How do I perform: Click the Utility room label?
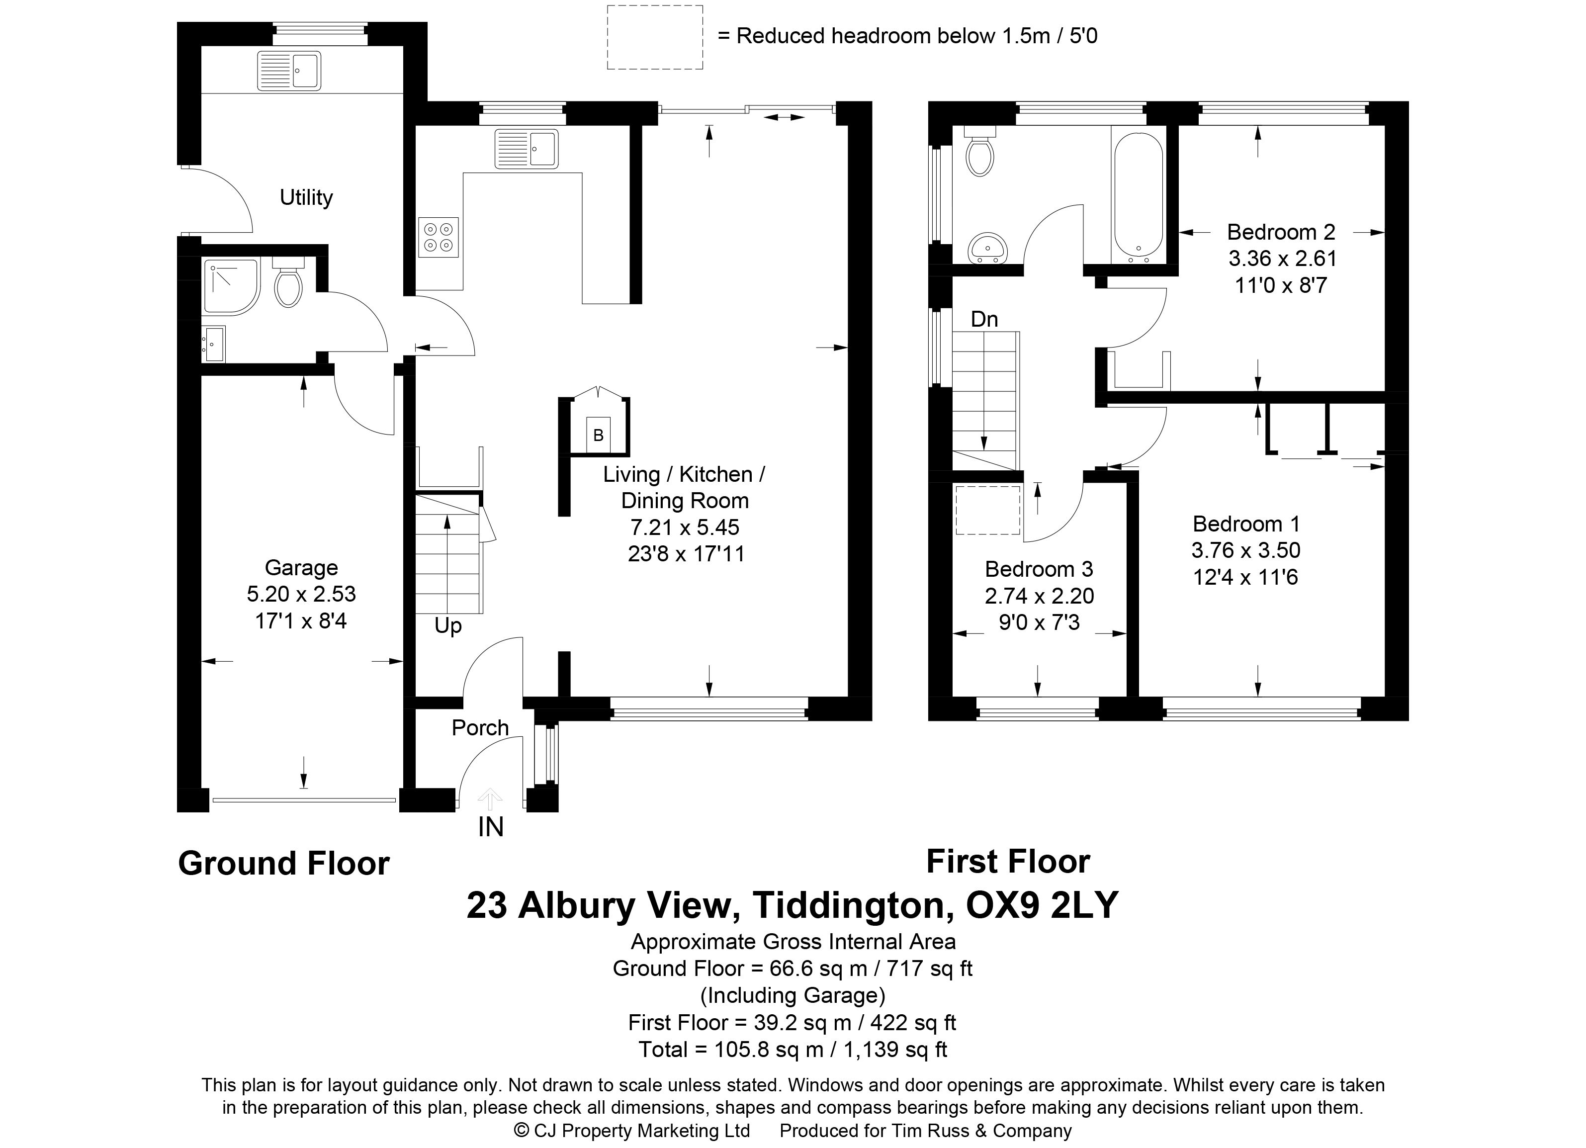[306, 198]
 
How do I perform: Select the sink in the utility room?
[289, 71]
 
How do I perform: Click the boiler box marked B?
[598, 436]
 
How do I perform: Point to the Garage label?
[301, 568]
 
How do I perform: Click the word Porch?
[480, 728]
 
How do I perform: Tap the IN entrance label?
[491, 827]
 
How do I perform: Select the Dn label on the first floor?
[984, 320]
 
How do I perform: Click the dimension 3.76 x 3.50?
[1246, 550]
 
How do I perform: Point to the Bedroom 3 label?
[1039, 569]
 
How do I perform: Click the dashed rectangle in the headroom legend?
[655, 37]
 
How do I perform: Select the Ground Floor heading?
[283, 864]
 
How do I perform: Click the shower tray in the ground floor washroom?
[232, 286]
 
